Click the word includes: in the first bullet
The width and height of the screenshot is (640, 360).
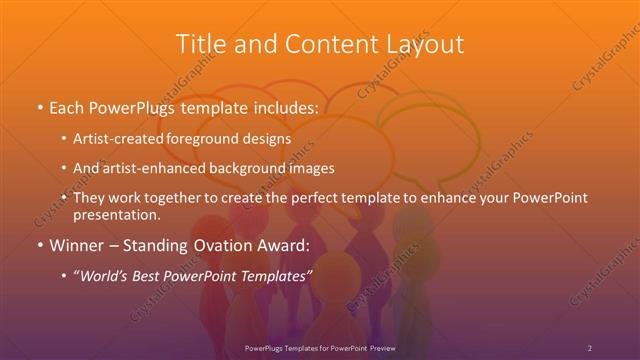pyautogui.click(x=282, y=105)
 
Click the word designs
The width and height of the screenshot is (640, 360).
pyautogui.click(x=268, y=138)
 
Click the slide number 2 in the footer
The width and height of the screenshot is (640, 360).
pyautogui.click(x=590, y=347)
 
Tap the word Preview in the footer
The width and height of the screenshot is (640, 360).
pyautogui.click(x=378, y=347)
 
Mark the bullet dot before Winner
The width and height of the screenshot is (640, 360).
pyautogui.click(x=39, y=244)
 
